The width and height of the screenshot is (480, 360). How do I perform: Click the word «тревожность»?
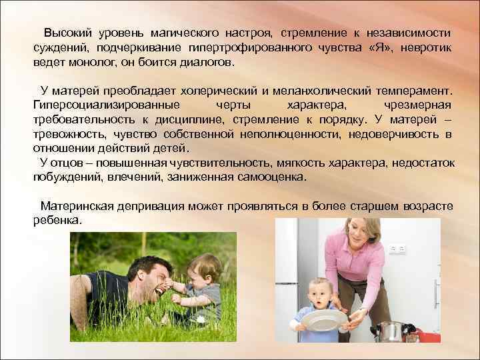69,135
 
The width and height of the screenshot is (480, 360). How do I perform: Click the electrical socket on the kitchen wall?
397,248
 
